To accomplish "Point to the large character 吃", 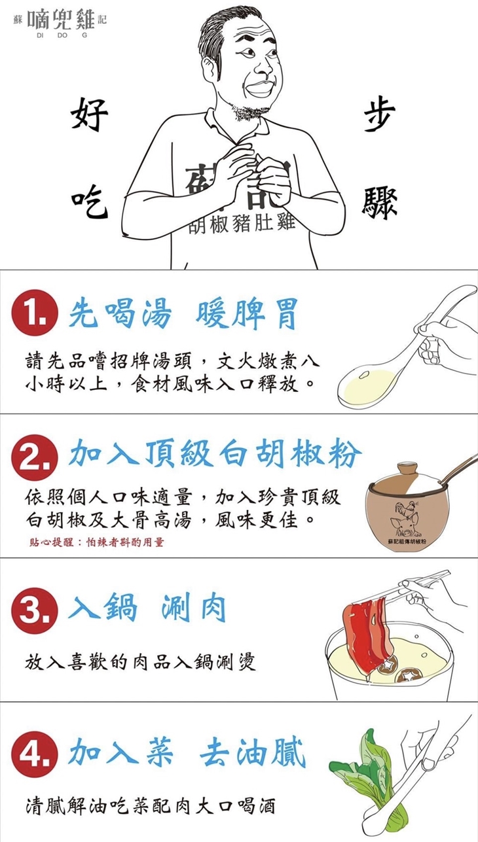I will click(89, 203).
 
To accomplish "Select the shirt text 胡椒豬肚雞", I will click(242, 224).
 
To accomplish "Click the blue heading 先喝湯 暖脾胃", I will click(183, 315).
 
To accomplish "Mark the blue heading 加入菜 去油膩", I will click(187, 754).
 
